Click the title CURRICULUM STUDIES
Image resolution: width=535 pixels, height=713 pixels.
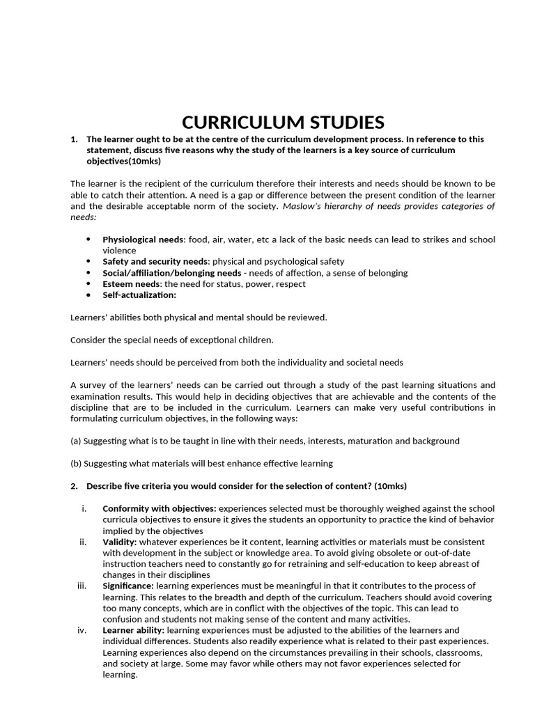pos(283,123)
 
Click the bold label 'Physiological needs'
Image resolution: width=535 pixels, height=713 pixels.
pos(143,240)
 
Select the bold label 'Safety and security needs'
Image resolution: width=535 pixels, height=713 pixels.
pos(155,262)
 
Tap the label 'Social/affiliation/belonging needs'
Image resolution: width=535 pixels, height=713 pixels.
pos(172,273)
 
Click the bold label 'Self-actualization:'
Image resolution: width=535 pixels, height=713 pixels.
pos(139,295)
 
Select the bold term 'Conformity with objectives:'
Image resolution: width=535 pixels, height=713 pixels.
pos(160,508)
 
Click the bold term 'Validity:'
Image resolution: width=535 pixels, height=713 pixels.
pos(120,542)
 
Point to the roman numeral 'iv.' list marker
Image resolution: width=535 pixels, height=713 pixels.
pos(82,630)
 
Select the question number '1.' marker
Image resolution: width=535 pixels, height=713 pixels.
pos(75,139)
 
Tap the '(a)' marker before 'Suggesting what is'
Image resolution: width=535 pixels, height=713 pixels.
pos(77,441)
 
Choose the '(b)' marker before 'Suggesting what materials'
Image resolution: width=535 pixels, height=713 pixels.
pos(77,463)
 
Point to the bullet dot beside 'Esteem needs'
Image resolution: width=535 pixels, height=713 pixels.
pos(88,284)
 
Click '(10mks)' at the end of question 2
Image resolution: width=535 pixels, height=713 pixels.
pos(390,485)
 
